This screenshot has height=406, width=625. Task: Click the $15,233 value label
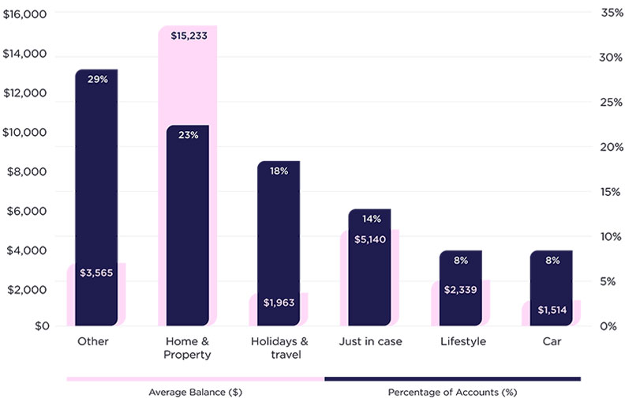(189, 36)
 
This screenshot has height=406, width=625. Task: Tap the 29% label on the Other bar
(96, 80)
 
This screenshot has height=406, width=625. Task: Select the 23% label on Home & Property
(188, 135)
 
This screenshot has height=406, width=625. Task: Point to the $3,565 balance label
(95, 273)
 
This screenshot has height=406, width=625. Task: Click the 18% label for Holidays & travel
(279, 171)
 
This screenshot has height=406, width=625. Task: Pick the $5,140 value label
(369, 239)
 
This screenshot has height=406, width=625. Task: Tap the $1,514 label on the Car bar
(551, 310)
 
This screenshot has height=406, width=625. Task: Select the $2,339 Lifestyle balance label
(460, 290)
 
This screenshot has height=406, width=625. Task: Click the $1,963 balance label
(279, 303)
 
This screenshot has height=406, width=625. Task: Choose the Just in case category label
(370, 342)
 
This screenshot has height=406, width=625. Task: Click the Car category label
(552, 342)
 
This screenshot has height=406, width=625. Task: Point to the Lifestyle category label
(461, 342)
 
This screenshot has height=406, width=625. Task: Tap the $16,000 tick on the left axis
(25, 14)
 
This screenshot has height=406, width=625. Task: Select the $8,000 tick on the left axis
(28, 171)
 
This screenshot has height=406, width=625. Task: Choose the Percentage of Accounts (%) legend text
(452, 392)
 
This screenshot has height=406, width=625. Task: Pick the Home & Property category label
(187, 348)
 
